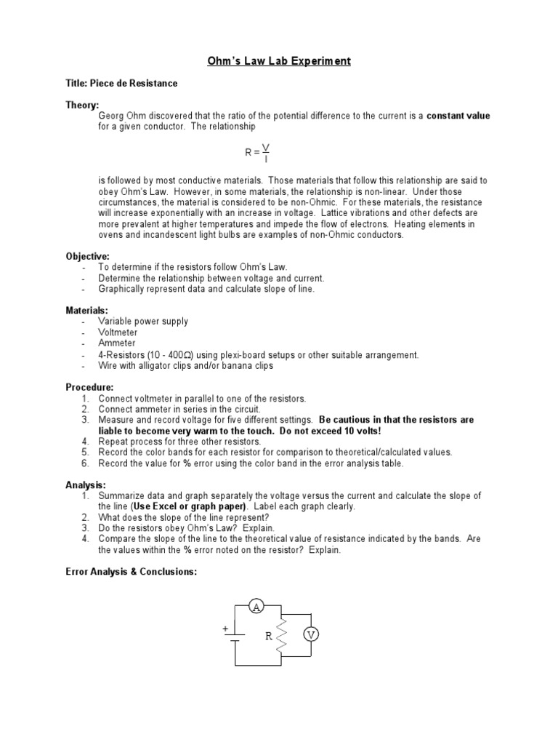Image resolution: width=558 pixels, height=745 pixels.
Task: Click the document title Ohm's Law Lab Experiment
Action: point(279,61)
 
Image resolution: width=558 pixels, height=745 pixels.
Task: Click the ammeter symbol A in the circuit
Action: point(255,608)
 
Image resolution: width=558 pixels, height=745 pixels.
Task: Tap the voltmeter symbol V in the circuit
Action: point(312,634)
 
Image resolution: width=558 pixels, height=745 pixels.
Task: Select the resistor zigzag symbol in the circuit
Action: point(283,635)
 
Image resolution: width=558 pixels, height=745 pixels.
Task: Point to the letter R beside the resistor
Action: point(268,636)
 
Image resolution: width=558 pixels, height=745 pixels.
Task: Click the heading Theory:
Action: point(82,105)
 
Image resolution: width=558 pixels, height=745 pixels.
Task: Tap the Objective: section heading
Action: point(88,256)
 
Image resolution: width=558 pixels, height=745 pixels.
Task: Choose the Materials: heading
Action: point(87,311)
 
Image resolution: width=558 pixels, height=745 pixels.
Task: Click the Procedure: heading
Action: point(90,387)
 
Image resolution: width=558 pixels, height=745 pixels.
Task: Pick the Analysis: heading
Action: point(86,485)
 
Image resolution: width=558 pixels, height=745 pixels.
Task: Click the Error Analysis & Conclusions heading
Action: point(132,572)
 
